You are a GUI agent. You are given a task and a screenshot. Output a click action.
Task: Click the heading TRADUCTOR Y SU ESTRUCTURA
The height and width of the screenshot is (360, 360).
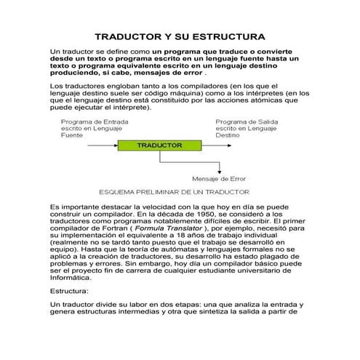point(180,36)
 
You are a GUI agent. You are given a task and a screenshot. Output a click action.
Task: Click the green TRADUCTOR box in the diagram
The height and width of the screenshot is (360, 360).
point(159,145)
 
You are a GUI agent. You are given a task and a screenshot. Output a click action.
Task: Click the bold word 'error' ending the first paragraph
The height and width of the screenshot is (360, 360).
point(191,73)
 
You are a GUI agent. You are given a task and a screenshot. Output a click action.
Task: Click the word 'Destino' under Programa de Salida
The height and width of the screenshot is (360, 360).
point(226,135)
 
